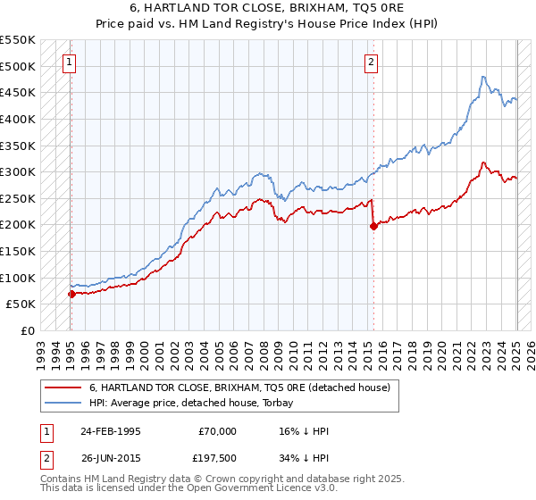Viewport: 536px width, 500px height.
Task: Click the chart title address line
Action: coord(268,8)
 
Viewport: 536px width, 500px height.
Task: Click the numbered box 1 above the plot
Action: coord(70,62)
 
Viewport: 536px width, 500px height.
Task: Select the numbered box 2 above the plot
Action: coord(371,62)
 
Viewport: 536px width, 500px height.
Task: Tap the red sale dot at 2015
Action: coord(373,226)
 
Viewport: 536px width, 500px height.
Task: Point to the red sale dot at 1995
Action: coord(71,293)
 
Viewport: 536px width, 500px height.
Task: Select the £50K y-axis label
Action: coord(21,304)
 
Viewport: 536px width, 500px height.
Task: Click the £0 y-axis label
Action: coord(28,330)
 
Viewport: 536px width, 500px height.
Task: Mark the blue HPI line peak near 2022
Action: coord(482,77)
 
